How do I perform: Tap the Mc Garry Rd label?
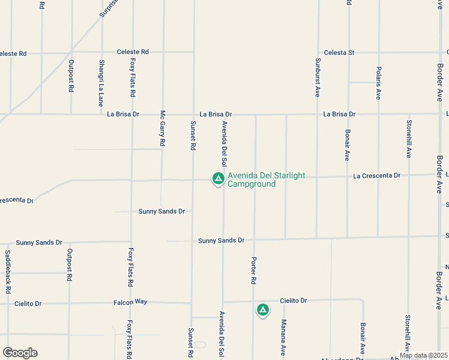pos(162,128)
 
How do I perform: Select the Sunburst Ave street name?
pos(318,77)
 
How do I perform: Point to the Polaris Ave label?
pos(378,83)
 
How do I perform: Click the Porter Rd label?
pos(253,271)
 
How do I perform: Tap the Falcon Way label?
pos(130,302)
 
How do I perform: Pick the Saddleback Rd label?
pos(8,271)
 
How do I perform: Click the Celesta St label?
pos(339,53)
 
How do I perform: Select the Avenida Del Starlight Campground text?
pos(266,179)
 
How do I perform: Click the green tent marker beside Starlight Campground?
pos(218,178)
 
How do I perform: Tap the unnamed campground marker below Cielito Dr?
pos(262,310)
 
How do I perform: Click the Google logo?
pos(20,353)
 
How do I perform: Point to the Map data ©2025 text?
pos(423,355)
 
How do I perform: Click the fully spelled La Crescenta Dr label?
pos(376,176)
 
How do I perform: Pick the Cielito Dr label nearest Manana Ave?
pos(293,300)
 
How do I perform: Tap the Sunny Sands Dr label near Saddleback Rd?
pos(39,242)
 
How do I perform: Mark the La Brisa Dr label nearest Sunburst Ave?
pos(339,113)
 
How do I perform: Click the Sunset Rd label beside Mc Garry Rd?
pos(193,135)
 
